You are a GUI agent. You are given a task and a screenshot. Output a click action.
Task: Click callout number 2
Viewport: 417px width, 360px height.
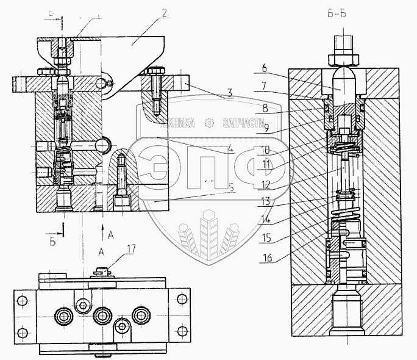pos(165,12)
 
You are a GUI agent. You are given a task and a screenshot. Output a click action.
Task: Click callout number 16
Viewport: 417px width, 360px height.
pos(266,258)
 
